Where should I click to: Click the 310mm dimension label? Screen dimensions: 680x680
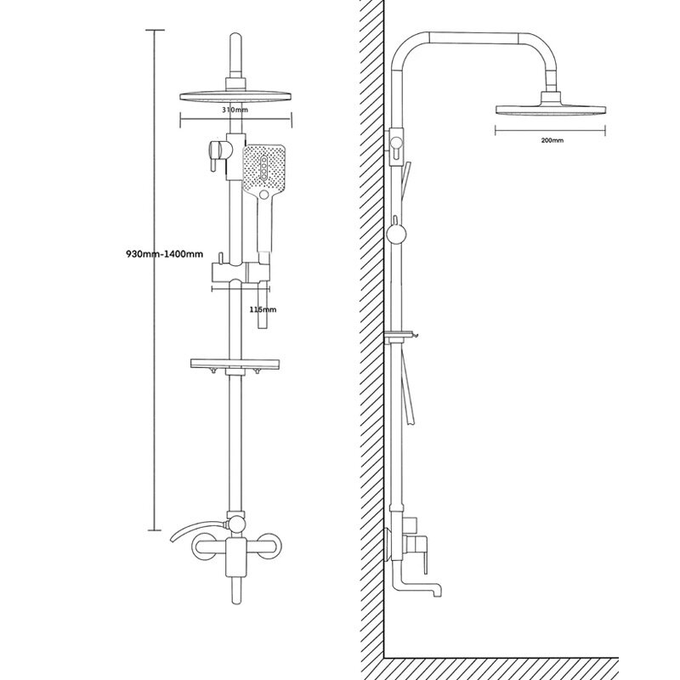click(x=235, y=110)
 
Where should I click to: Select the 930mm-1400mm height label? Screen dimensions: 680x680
click(x=165, y=253)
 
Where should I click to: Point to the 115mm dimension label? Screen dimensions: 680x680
click(x=263, y=309)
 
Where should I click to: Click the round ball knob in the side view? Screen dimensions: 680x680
click(x=394, y=235)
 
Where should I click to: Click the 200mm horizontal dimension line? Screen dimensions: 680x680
click(x=551, y=130)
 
